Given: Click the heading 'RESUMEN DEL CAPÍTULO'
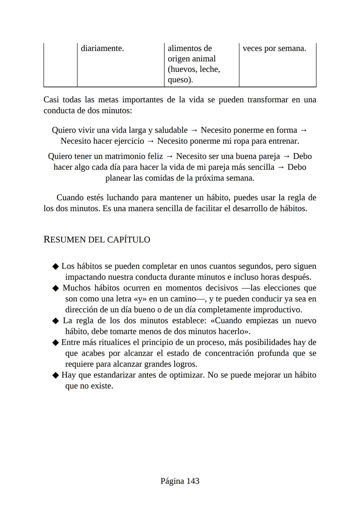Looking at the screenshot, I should click(x=97, y=240).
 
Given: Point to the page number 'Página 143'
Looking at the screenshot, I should click(x=180, y=481).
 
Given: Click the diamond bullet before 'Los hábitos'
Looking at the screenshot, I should click(x=56, y=267).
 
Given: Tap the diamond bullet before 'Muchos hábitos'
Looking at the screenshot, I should click(x=56, y=288).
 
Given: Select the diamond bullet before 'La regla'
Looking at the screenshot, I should click(x=56, y=321).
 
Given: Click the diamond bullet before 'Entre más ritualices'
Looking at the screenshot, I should click(x=56, y=343).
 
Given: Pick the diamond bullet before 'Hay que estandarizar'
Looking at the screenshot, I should click(x=56, y=375).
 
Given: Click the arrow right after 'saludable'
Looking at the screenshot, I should click(x=194, y=130).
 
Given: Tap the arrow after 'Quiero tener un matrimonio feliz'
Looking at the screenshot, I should click(x=169, y=156).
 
